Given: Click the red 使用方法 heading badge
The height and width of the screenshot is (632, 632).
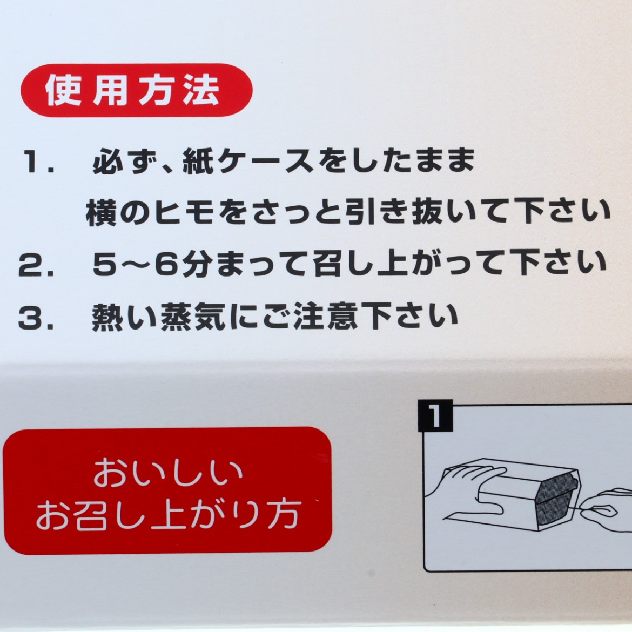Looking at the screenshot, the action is [136, 90].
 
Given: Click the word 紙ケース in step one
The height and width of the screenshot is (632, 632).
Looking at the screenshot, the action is [248, 161].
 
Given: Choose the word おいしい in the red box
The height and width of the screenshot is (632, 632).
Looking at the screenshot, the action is [168, 472].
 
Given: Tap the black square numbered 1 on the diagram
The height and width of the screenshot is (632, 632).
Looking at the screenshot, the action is [435, 415].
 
